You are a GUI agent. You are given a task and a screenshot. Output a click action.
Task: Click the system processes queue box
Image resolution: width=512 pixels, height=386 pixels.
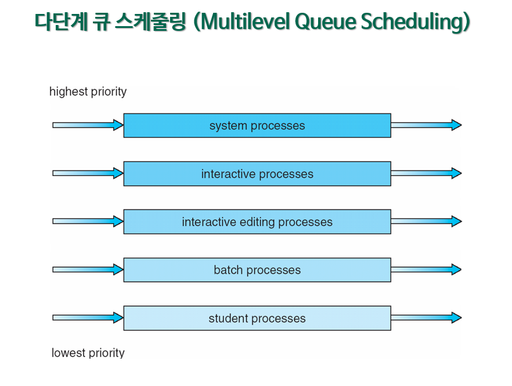click(x=257, y=126)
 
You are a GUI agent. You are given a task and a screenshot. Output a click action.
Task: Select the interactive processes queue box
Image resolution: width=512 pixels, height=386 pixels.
click(x=257, y=174)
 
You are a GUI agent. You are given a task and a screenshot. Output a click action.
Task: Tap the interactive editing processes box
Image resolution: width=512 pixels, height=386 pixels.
click(x=257, y=222)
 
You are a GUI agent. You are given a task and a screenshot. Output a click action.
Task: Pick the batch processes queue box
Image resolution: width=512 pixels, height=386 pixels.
click(x=257, y=270)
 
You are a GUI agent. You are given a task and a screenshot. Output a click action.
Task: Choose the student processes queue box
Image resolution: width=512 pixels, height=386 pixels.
click(x=257, y=318)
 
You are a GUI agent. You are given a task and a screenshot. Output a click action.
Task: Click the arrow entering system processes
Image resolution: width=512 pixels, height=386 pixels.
click(x=88, y=125)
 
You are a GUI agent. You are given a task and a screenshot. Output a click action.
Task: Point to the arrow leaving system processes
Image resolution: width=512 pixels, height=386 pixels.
click(x=426, y=125)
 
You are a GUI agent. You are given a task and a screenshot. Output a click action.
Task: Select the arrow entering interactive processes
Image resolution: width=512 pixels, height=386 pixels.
click(x=88, y=173)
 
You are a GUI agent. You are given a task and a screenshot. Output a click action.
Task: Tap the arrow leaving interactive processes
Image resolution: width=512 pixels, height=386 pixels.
click(x=426, y=173)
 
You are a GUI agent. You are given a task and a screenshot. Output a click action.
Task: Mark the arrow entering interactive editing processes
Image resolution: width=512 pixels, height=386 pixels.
click(x=88, y=221)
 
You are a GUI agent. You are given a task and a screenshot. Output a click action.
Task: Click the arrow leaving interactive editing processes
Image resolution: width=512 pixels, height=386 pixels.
click(x=426, y=221)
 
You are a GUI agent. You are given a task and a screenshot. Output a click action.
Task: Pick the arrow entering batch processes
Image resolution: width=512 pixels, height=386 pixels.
click(x=88, y=270)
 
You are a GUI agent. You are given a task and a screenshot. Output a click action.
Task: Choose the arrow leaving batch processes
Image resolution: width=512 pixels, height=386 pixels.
click(x=426, y=270)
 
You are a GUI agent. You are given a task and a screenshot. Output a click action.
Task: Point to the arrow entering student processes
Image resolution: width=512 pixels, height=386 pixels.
click(x=88, y=317)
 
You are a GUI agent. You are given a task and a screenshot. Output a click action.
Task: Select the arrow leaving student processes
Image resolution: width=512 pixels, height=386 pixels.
click(x=426, y=317)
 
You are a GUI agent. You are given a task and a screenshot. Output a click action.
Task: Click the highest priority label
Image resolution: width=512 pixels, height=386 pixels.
click(x=88, y=92)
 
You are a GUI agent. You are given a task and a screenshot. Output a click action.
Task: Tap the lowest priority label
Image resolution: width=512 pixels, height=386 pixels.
click(x=88, y=353)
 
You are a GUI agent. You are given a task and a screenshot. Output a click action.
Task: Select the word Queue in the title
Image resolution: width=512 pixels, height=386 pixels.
click(x=325, y=22)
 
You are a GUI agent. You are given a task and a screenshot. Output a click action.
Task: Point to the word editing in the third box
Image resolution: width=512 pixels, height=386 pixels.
click(x=257, y=223)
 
